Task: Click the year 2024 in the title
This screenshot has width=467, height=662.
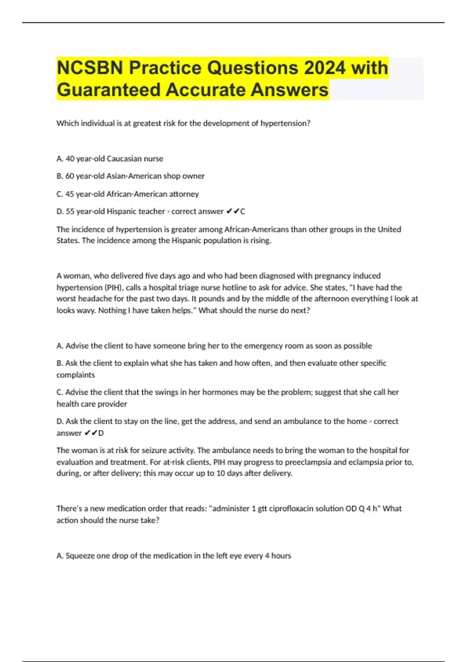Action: tap(325, 68)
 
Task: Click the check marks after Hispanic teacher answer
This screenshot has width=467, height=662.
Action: tap(232, 211)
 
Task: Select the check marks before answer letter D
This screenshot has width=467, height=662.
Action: tap(91, 433)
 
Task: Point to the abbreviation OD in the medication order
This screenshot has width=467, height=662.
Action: tap(351, 509)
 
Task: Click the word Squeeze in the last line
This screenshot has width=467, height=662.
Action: tap(80, 556)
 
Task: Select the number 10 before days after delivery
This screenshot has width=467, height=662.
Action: tap(221, 474)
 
